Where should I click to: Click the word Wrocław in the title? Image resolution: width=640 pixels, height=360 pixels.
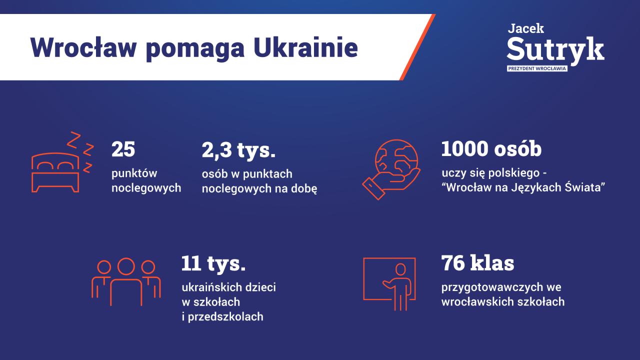click(83, 47)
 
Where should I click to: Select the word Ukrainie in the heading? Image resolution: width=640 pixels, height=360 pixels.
click(305, 47)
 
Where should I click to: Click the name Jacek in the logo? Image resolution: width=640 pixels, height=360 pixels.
click(525, 28)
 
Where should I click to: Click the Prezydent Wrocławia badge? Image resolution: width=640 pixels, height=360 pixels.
click(537, 68)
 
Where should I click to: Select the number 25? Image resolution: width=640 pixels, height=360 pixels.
click(123, 149)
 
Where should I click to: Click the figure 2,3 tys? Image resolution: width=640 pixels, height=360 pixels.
click(238, 150)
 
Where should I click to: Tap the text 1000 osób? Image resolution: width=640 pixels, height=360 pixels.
click(491, 149)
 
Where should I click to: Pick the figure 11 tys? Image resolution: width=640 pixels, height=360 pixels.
click(213, 264)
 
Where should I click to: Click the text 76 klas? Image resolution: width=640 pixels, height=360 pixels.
click(477, 263)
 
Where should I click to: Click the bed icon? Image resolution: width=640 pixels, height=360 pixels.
click(55, 172)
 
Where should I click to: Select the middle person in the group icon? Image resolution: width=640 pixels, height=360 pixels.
click(126, 281)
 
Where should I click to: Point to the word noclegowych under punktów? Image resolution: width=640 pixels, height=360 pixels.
click(146, 188)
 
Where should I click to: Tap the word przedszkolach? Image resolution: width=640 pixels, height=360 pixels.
click(225, 317)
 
